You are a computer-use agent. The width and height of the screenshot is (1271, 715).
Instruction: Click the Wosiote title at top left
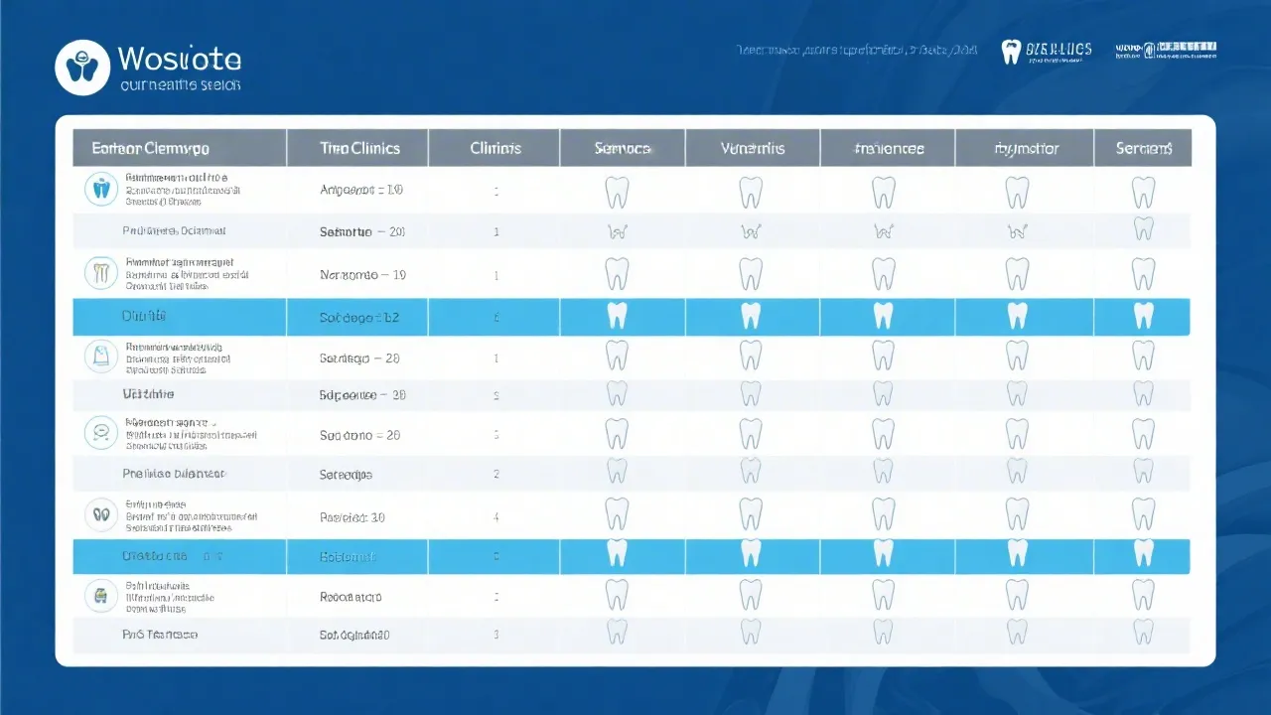pos(179,58)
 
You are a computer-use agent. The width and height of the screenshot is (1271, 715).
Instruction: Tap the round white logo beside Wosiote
pos(82,68)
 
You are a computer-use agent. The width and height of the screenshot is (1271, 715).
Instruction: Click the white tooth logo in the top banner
pos(1011,52)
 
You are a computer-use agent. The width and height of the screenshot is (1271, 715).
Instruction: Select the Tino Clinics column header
pos(359,148)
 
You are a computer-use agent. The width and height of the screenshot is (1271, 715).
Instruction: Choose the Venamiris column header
pos(752,148)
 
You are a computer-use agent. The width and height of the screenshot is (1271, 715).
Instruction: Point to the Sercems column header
pos(1144,148)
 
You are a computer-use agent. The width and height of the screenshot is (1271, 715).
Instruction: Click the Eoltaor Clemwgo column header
pos(150,148)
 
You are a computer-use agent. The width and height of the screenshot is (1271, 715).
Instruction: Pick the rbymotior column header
pos(1026,149)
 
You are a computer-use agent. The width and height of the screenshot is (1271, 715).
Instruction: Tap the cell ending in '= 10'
pos(361,189)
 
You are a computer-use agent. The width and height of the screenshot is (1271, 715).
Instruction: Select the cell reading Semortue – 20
pos(361,231)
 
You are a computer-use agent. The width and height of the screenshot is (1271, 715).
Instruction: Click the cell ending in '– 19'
pos(362,274)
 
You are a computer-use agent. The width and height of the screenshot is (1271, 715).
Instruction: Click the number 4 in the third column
pos(496,516)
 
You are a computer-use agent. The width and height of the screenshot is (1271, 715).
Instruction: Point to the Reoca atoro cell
pos(351,597)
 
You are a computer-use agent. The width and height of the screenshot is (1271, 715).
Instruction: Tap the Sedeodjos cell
pos(346,475)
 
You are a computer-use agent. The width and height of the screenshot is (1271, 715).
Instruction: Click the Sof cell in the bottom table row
pos(354,634)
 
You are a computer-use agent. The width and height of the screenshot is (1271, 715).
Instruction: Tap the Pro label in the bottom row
pos(160,634)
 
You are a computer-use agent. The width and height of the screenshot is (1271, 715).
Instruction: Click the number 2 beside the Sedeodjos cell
pos(496,475)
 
